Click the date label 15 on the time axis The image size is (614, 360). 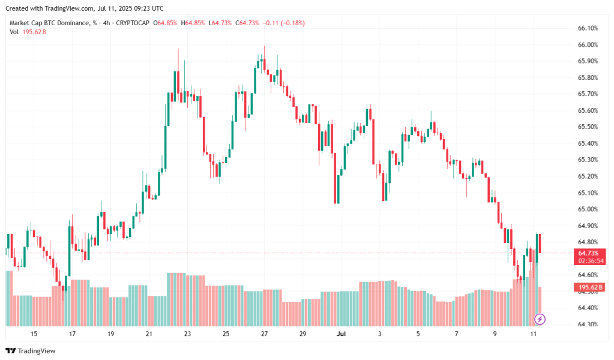pyautogui.click(x=34, y=334)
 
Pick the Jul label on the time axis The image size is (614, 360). pyautogui.click(x=341, y=334)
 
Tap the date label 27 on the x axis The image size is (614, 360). pyautogui.click(x=264, y=334)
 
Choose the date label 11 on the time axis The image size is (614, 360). pyautogui.click(x=533, y=334)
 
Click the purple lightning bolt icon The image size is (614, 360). pyautogui.click(x=540, y=319)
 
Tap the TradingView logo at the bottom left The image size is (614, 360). pyautogui.click(x=31, y=350)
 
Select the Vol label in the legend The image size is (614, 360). pyautogui.click(x=14, y=31)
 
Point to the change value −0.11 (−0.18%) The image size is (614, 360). pyautogui.click(x=283, y=23)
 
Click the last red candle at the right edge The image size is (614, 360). pyautogui.click(x=540, y=244)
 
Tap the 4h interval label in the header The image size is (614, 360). pyautogui.click(x=106, y=23)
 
